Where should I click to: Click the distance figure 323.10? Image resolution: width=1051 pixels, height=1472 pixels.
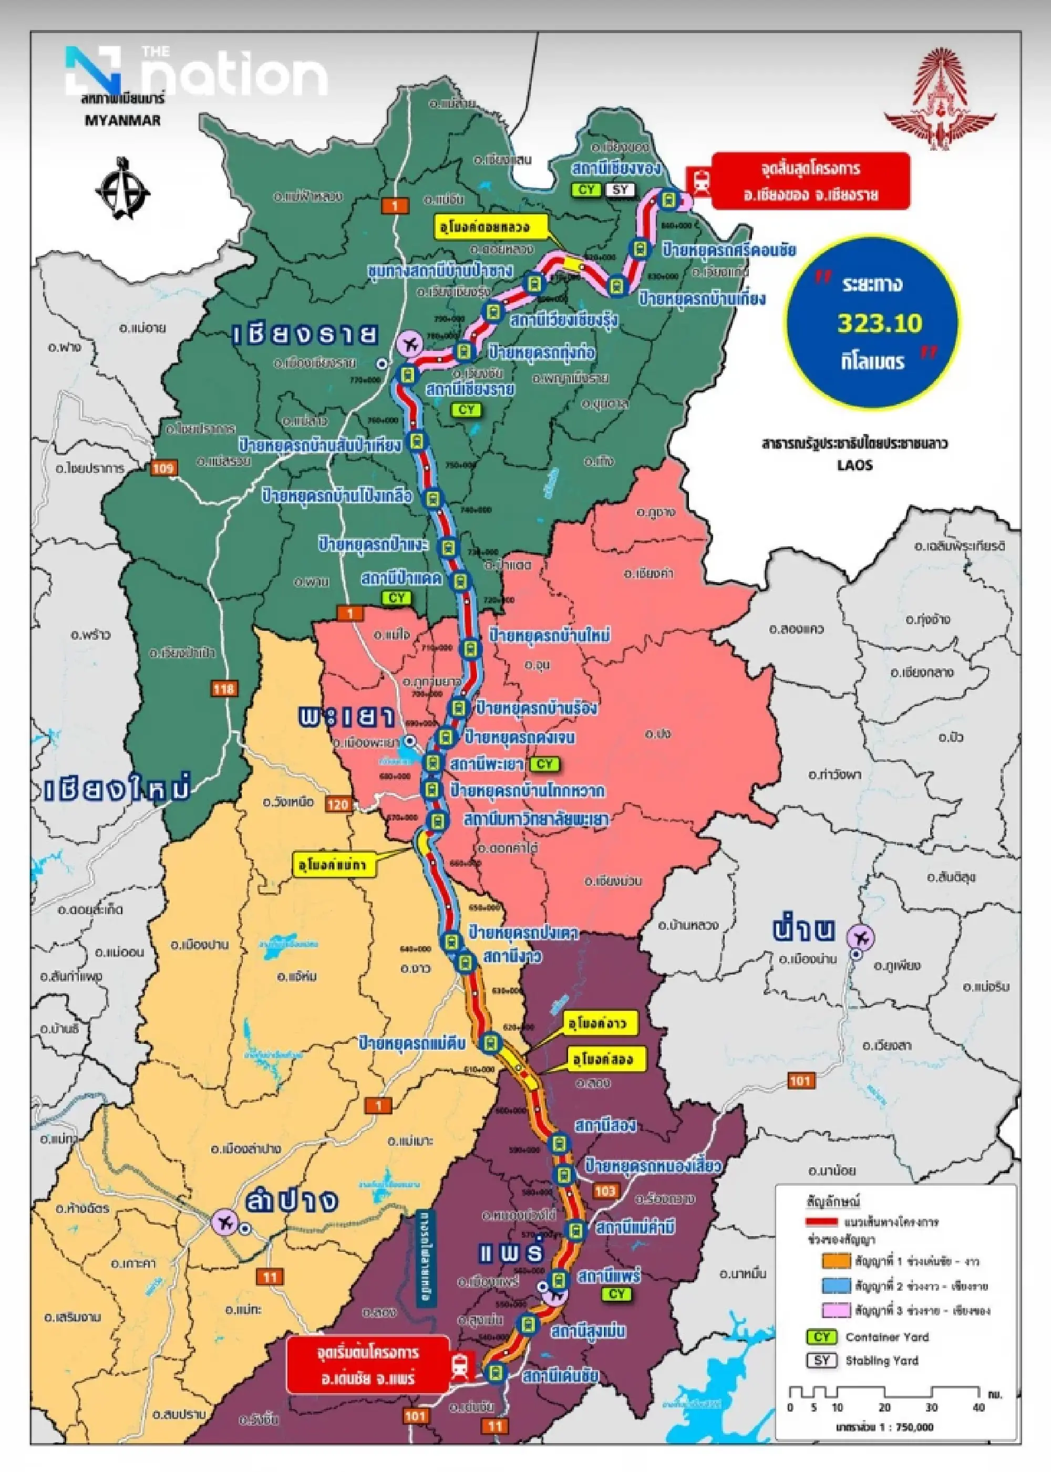click(880, 322)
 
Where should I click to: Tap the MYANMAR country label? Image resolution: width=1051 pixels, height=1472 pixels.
click(122, 120)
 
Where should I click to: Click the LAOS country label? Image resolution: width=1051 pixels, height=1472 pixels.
click(854, 464)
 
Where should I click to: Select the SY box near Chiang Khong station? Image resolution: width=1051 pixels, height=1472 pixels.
click(620, 190)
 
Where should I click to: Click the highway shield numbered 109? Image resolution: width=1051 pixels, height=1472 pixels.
click(162, 468)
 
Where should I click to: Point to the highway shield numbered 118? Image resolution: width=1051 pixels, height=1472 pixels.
click(223, 688)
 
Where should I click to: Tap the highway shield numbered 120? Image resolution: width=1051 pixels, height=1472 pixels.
click(338, 805)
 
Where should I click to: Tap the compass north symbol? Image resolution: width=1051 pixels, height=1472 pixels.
click(123, 188)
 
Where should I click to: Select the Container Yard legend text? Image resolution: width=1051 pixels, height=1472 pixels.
click(887, 1337)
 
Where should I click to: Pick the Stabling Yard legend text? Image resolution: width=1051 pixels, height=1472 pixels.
click(881, 1361)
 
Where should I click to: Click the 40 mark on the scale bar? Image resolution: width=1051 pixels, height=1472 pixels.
click(978, 1407)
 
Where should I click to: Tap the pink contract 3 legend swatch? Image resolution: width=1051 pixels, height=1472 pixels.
click(836, 1310)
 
